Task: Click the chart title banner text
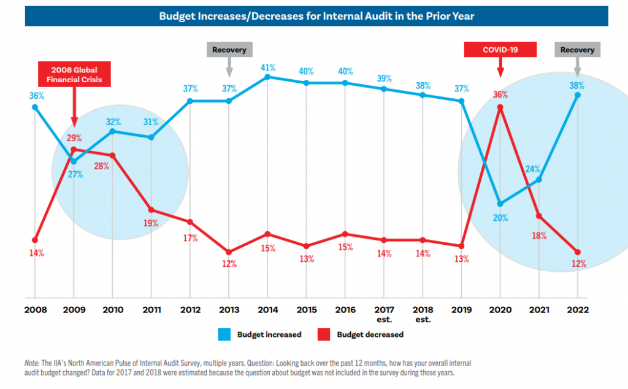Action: coord(316,17)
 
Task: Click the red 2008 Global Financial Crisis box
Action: coord(74,74)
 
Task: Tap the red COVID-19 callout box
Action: coord(500,50)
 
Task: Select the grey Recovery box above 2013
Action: coord(229,50)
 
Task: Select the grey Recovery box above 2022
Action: coord(577,50)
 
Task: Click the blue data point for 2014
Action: coord(267,77)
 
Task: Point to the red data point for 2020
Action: coord(500,107)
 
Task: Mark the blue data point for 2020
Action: coord(500,204)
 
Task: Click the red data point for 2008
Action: coord(35,240)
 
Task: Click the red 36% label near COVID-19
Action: coord(500,94)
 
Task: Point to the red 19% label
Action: coord(151,223)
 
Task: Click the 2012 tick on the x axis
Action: coord(190,310)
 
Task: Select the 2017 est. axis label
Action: coord(384,314)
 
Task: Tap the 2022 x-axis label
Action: coord(577,310)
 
